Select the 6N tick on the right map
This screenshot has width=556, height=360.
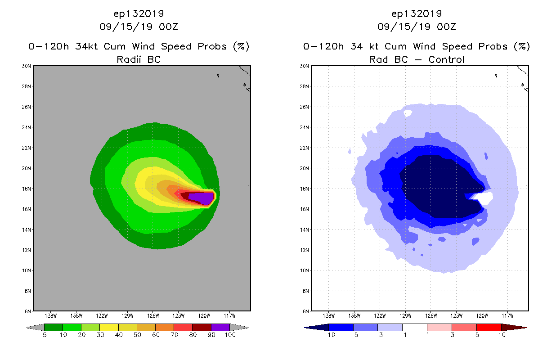(305, 311)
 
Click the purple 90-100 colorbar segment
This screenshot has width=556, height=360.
(220, 327)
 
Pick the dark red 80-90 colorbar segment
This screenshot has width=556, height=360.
(202, 327)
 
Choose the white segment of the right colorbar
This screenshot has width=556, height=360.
(414, 327)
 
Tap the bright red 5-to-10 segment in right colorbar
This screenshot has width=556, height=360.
(488, 327)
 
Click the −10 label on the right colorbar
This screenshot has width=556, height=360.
(328, 335)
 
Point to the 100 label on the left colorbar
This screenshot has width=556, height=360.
(230, 335)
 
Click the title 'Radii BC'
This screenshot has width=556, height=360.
(139, 59)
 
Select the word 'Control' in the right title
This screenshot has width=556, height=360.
(446, 59)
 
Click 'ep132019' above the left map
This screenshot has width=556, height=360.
(139, 13)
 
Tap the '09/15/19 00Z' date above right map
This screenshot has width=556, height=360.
(417, 27)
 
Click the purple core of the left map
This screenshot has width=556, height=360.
(200, 197)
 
